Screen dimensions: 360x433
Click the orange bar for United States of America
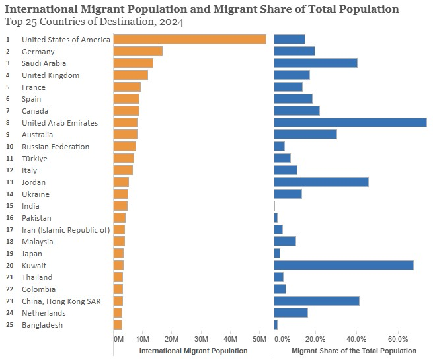pyautogui.click(x=190, y=40)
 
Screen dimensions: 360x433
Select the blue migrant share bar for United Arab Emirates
pyautogui.click(x=350, y=123)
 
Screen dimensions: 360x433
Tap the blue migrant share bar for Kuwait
pyautogui.click(x=343, y=266)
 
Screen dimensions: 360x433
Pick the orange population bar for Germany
pyautogui.click(x=138, y=52)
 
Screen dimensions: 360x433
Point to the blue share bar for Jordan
pyautogui.click(x=321, y=182)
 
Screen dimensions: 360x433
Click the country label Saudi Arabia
pyautogui.click(x=44, y=63)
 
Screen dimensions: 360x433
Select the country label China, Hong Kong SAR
pyautogui.click(x=61, y=301)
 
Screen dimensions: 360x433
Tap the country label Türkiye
pyautogui.click(x=34, y=159)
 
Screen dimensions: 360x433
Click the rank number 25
pyautogui.click(x=9, y=325)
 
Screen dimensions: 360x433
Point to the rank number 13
pyautogui.click(x=9, y=182)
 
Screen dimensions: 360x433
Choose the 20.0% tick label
pyautogui.click(x=315, y=339)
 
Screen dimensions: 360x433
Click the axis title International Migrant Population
pyautogui.click(x=193, y=351)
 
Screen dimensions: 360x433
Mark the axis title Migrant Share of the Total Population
pyautogui.click(x=354, y=351)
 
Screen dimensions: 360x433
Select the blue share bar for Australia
pyautogui.click(x=305, y=135)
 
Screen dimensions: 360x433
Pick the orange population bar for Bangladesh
pyautogui.click(x=118, y=325)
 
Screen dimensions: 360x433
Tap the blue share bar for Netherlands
pyautogui.click(x=290, y=313)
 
